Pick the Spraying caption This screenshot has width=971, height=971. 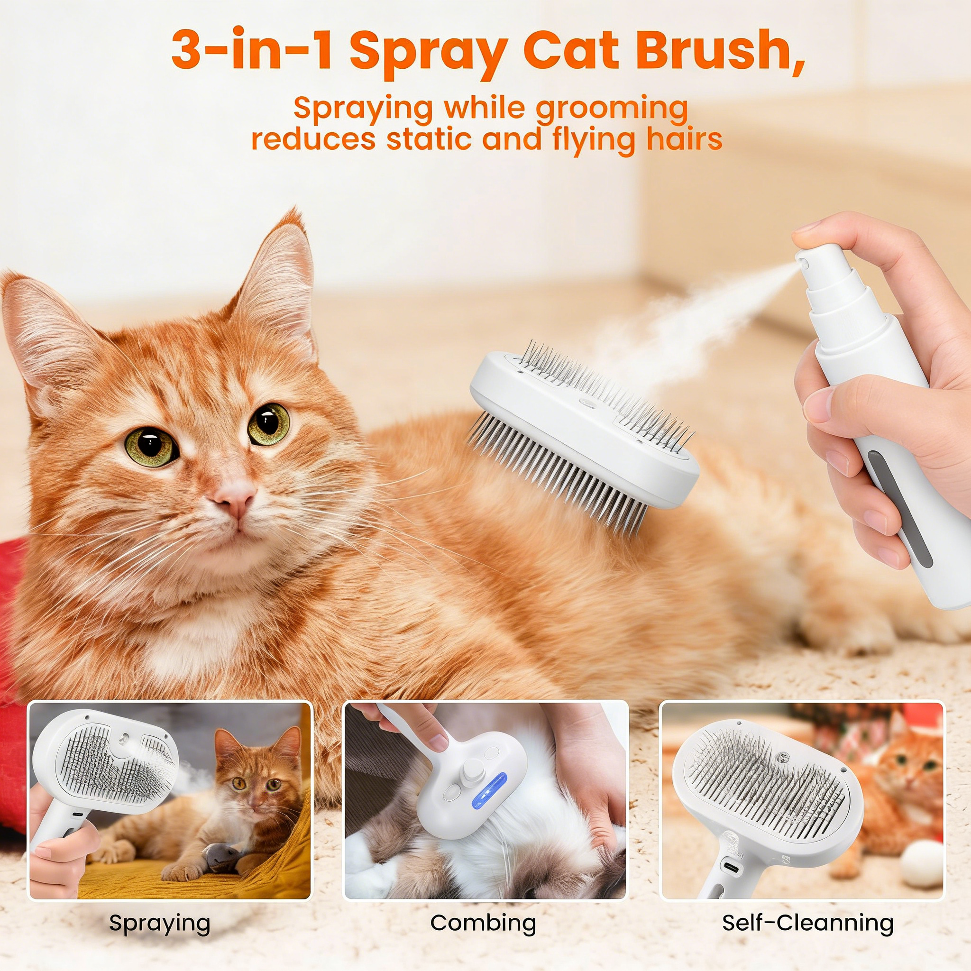point(159,923)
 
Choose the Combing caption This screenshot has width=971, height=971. point(483,923)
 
